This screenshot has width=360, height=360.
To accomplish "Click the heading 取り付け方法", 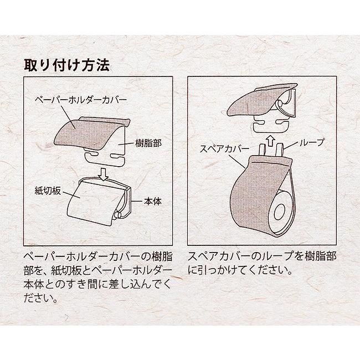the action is point(66,66).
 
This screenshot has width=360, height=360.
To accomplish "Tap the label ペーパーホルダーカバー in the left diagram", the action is point(81,100).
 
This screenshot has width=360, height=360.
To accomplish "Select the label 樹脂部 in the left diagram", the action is point(148,143).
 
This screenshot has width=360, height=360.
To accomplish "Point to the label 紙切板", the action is point(48,191).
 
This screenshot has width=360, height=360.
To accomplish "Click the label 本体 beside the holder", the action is point(153,202).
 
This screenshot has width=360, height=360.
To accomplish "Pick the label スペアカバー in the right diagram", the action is point(224,148).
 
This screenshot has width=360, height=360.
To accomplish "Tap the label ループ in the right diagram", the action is point(312,142).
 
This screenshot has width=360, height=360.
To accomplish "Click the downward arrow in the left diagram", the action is point(104,174).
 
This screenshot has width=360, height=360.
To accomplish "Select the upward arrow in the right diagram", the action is point(271,141).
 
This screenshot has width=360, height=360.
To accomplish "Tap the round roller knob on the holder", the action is point(117,215).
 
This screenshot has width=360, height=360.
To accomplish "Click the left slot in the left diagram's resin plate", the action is point(92,153).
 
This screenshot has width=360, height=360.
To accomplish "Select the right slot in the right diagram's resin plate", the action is point(282,122).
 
